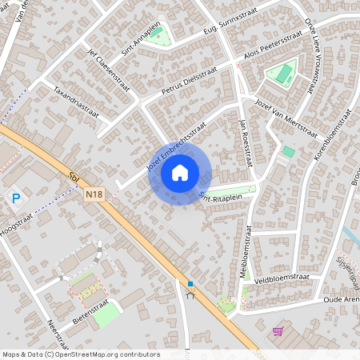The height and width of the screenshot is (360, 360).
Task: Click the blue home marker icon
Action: [x=180, y=172]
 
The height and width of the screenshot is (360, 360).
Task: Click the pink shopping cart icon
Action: [x=278, y=331]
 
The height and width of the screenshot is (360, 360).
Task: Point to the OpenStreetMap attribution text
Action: [x=80, y=354]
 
